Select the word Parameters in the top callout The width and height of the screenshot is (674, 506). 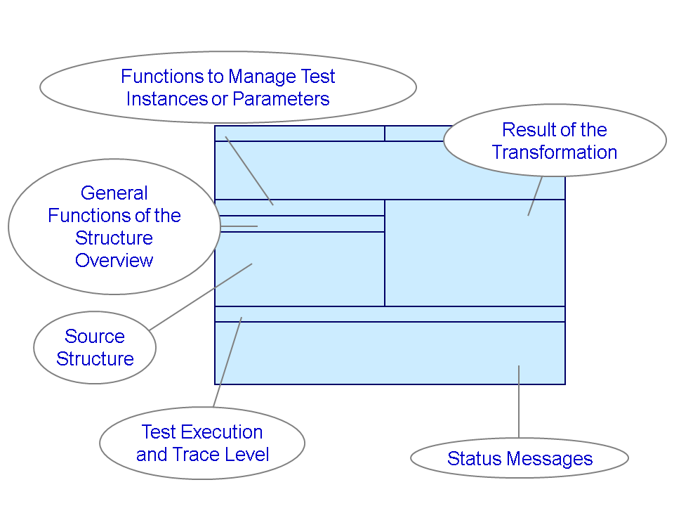pyautogui.click(x=281, y=99)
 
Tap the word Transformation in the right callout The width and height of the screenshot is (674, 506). pyautogui.click(x=555, y=153)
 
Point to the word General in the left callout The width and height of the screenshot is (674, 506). pyautogui.click(x=114, y=193)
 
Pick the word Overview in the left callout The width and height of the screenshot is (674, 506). pyautogui.click(x=114, y=261)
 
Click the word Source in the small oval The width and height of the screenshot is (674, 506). pyautogui.click(x=95, y=337)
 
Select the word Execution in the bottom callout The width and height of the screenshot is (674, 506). pyautogui.click(x=223, y=432)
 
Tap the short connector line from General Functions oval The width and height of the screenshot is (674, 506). pyautogui.click(x=239, y=226)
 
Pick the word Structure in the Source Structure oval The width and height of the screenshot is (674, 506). pyautogui.click(x=95, y=359)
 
